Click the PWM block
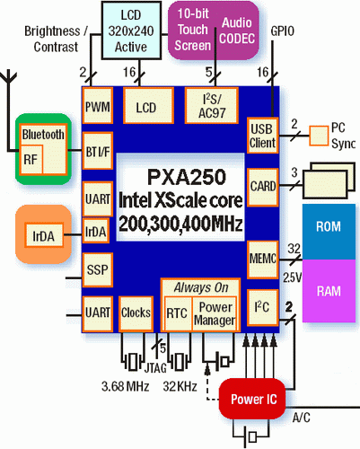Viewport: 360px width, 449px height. tap(98, 105)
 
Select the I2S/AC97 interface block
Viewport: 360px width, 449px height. tap(212, 105)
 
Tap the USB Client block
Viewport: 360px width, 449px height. tap(262, 136)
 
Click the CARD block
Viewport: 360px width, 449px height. tap(262, 187)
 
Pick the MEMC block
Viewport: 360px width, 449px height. tap(262, 260)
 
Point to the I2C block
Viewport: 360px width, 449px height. tap(262, 307)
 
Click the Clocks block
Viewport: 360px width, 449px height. tap(136, 313)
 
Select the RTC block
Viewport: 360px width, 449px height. tap(178, 313)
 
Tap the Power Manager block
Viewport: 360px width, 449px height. tap(215, 313)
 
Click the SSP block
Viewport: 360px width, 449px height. tap(98, 270)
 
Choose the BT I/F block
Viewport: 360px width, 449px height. tap(98, 151)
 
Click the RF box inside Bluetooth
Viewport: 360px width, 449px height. tap(31, 160)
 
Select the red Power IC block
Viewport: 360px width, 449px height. tap(252, 399)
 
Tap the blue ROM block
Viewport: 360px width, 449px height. tap(329, 232)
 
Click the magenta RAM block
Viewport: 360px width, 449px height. tap(329, 291)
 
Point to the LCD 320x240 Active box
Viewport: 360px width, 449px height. tap(131, 30)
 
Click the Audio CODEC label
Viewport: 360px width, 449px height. tap(237, 31)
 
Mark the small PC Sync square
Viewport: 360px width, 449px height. tap(319, 136)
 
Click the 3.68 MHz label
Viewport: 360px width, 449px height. tap(125, 386)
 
